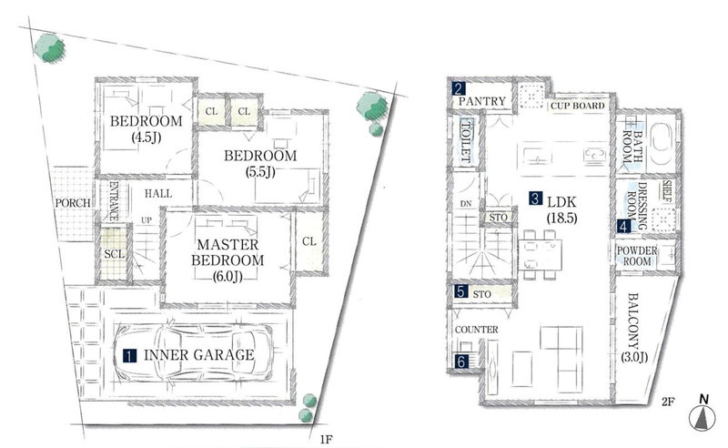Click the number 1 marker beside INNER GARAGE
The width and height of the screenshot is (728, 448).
pyautogui.click(x=129, y=356)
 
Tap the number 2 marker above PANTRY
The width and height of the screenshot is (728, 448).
pyautogui.click(x=459, y=88)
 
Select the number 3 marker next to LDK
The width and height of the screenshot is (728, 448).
pyautogui.click(x=535, y=199)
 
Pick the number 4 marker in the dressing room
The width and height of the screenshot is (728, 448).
pyautogui.click(x=623, y=227)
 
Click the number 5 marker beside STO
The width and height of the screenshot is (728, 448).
pyautogui.click(x=460, y=291)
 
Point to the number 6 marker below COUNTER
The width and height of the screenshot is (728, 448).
pyautogui.click(x=461, y=361)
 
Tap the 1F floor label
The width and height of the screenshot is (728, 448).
pyautogui.click(x=326, y=439)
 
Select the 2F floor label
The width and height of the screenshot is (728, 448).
pyautogui.click(x=668, y=402)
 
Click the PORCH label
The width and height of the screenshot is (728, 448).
pyautogui.click(x=73, y=203)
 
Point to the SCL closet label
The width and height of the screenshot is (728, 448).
pyautogui.click(x=114, y=254)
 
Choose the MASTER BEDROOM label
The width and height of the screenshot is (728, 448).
pyautogui.click(x=227, y=252)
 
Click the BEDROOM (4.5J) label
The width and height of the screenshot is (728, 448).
pyautogui.click(x=146, y=128)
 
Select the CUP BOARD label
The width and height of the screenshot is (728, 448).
pyautogui.click(x=577, y=106)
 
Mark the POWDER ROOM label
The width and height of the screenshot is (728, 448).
pyautogui.click(x=636, y=256)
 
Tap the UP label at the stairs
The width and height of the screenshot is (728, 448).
pyautogui.click(x=147, y=220)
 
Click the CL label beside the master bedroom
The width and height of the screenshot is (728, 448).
pyautogui.click(x=309, y=241)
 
